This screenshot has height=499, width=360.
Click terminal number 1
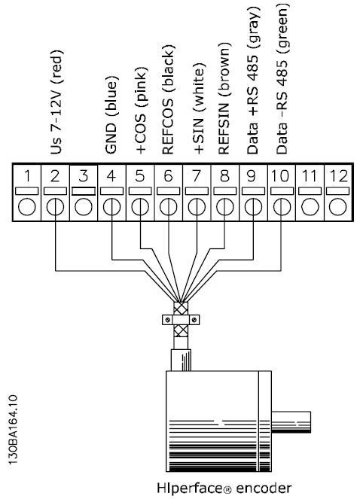tap(27, 176)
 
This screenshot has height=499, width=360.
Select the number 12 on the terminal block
tap(338, 176)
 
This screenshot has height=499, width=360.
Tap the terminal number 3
tap(83, 176)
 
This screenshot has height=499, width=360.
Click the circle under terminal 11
tap(310, 207)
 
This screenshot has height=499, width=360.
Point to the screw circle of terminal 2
tap(55, 207)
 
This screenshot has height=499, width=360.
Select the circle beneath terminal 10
tap(282, 207)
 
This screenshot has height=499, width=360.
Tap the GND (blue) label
tap(111, 115)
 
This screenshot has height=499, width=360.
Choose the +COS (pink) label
tap(141, 111)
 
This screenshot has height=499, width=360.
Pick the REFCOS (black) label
tap(169, 100)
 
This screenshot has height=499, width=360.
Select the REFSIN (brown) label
tap(224, 99)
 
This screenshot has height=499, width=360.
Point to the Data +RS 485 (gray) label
tap(254, 81)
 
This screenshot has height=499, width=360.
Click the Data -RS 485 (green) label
tap(282, 79)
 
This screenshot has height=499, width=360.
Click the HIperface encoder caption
tap(224, 488)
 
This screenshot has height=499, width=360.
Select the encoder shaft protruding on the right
tap(291, 422)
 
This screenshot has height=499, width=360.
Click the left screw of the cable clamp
tap(167, 319)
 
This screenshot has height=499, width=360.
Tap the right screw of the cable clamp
tap(194, 319)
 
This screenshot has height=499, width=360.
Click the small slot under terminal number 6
tap(168, 191)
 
